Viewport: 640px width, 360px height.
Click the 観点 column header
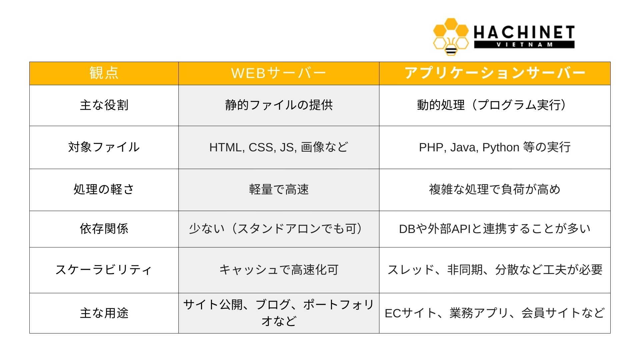click(x=104, y=73)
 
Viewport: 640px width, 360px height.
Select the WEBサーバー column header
click(x=279, y=73)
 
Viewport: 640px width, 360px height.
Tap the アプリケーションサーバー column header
click(x=495, y=73)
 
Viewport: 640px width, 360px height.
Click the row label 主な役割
click(x=104, y=105)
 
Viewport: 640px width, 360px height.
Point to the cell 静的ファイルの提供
click(x=279, y=105)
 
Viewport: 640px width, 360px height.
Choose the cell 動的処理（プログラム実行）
click(x=495, y=105)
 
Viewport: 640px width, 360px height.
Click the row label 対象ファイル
click(x=104, y=147)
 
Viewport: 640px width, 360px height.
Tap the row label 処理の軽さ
click(x=104, y=189)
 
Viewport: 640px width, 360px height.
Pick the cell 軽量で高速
click(x=279, y=189)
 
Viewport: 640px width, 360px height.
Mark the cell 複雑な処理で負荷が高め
click(x=495, y=189)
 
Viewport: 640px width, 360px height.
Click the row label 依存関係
click(x=104, y=229)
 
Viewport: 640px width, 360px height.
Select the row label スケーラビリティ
click(x=104, y=270)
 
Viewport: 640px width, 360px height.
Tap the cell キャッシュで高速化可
click(x=279, y=270)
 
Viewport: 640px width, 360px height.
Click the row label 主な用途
click(x=104, y=313)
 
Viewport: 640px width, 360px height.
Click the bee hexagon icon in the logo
click(x=451, y=37)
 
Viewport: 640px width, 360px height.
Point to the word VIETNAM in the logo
click(x=524, y=45)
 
